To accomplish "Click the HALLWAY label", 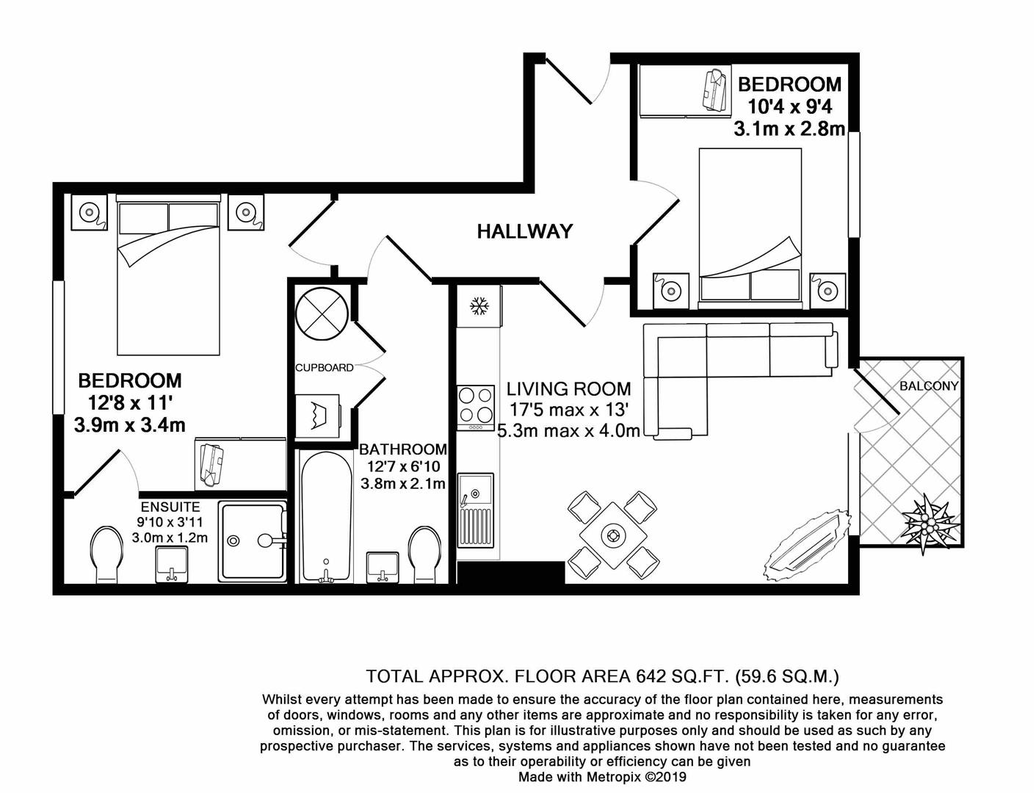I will click(x=524, y=232).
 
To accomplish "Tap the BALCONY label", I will click(x=929, y=385).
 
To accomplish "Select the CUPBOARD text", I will click(x=324, y=367).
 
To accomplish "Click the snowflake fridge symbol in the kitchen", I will click(x=479, y=305).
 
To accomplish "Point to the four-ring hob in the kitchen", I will click(x=477, y=407).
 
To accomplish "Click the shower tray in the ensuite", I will click(x=252, y=541).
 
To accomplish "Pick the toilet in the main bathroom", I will click(x=424, y=553).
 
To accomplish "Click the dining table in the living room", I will click(x=612, y=535).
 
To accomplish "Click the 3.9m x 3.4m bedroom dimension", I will click(x=129, y=424).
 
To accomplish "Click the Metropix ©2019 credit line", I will click(x=602, y=777).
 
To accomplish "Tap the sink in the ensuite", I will click(x=173, y=565).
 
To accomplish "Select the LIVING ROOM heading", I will click(x=568, y=388).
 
